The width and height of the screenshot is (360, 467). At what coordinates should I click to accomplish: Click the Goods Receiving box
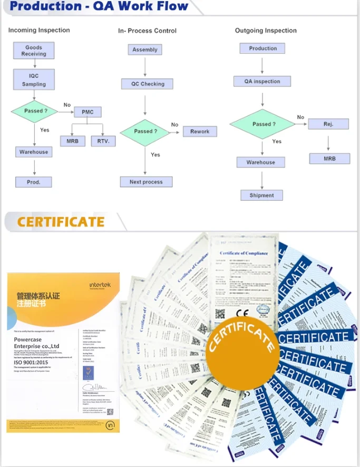point(34,51)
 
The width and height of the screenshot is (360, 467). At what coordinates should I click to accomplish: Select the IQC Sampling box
point(34,80)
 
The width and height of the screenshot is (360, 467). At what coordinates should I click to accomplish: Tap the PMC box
point(87,112)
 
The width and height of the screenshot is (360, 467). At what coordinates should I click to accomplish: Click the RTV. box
point(103,141)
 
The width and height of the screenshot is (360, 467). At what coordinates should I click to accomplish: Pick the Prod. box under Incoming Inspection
point(34,182)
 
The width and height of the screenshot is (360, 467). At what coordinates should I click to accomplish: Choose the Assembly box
point(145,50)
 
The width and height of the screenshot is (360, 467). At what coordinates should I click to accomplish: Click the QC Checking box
point(148,84)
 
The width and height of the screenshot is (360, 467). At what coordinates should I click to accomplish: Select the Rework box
point(200,132)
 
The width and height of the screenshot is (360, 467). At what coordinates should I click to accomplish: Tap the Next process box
point(146,182)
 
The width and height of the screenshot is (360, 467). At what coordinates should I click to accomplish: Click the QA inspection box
point(262,81)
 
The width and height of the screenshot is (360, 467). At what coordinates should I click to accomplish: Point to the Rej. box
point(328,124)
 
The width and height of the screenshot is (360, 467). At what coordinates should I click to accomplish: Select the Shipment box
point(261,195)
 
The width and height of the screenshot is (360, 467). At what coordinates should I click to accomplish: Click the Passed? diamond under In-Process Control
point(145,131)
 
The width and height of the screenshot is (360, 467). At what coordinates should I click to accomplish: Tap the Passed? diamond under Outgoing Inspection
point(261,124)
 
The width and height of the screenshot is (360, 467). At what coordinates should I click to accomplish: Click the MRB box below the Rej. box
point(329,158)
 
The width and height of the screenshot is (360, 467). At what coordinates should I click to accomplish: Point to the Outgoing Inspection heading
point(266,31)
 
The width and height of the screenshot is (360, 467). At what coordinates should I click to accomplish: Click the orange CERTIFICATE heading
point(61,221)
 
